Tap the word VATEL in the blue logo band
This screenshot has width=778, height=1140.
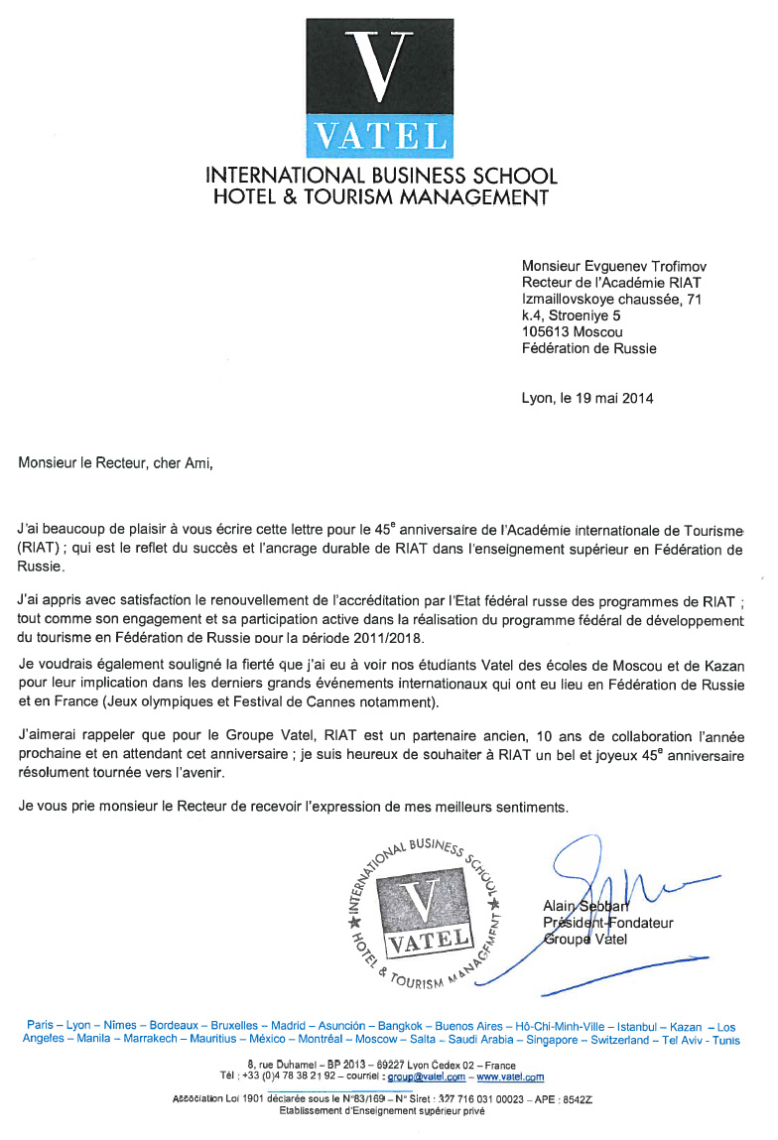tap(380, 137)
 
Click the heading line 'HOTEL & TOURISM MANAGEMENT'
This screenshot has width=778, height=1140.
tap(381, 197)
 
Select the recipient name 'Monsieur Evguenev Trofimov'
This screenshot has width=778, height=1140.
tap(614, 266)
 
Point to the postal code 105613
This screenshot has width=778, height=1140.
tap(547, 332)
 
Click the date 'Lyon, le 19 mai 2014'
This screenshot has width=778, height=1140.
tap(587, 398)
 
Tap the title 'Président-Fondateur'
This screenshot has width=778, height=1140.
tap(607, 923)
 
